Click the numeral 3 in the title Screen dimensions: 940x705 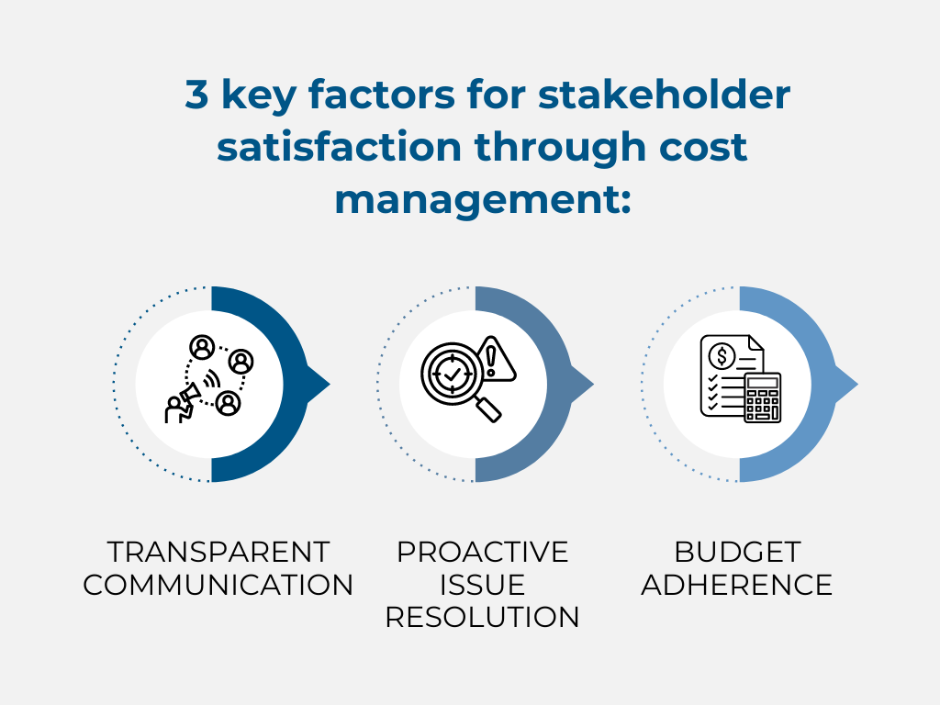[x=196, y=95]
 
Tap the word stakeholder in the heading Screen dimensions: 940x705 [x=665, y=95]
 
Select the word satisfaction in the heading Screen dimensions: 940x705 [x=340, y=146]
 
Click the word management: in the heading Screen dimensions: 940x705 [x=483, y=199]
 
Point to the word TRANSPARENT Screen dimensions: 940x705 [x=218, y=552]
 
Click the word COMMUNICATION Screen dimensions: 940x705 [x=218, y=585]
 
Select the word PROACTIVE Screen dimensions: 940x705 [x=483, y=552]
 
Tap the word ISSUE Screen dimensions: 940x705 [x=483, y=585]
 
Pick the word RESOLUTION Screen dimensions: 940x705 [x=483, y=617]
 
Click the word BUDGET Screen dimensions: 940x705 [x=737, y=552]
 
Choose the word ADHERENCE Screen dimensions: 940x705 [x=737, y=585]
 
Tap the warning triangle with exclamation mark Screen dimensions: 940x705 [x=495, y=360]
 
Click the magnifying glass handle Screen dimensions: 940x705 [x=488, y=410]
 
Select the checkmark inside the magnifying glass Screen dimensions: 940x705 [x=452, y=375]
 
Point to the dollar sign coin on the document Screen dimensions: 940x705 [x=722, y=356]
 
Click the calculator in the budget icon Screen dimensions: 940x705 [x=763, y=397]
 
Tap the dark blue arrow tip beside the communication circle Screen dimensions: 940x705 [x=319, y=384]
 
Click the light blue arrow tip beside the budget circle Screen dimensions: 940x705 [x=847, y=384]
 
